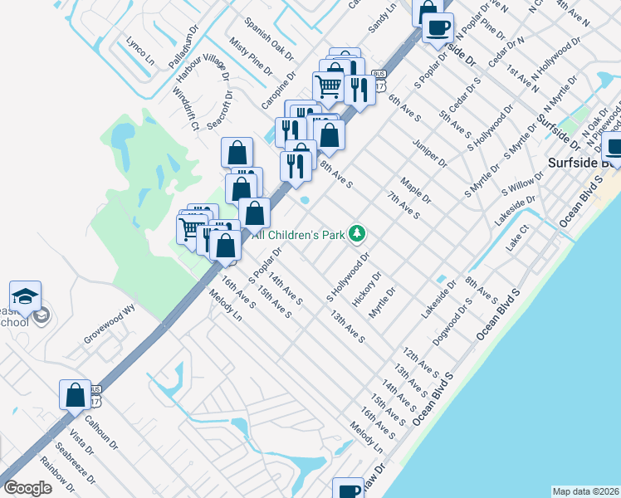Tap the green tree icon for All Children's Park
pos(357,234)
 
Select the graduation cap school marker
pos(26,297)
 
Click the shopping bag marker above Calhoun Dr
pos(75,395)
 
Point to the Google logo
pos(27,488)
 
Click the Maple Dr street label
pos(415,190)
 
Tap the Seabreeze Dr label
pos(82,468)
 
